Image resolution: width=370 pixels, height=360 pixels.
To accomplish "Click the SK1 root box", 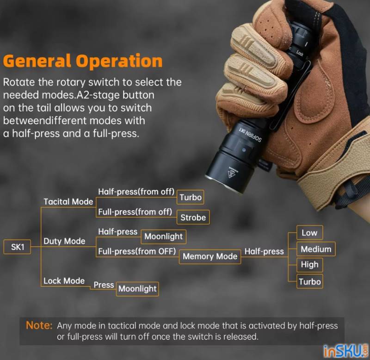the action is click(x=17, y=247).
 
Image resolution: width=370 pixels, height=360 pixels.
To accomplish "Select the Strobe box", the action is click(x=193, y=217).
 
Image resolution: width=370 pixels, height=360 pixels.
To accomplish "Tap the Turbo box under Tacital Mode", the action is click(x=191, y=197).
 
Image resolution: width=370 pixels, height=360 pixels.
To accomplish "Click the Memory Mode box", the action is click(x=210, y=256).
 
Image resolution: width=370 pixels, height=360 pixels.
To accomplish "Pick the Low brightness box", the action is click(x=309, y=233).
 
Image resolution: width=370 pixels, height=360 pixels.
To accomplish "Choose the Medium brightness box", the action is click(x=316, y=249).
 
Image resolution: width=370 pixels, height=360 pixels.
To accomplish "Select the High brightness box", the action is click(x=309, y=265).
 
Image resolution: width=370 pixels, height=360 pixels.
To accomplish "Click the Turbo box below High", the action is click(x=309, y=281).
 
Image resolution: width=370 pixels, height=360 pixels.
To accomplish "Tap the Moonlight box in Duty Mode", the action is click(x=163, y=236).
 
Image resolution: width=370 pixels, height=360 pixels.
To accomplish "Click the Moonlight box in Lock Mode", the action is click(x=137, y=289).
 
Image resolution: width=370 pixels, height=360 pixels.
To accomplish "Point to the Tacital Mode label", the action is click(x=68, y=202).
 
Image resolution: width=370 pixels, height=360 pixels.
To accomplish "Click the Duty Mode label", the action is click(x=64, y=241).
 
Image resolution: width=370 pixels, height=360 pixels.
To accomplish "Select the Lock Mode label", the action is click(x=64, y=281).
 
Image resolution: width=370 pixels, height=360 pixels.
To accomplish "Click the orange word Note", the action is click(x=39, y=325).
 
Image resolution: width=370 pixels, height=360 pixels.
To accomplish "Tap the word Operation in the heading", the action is click(x=119, y=61).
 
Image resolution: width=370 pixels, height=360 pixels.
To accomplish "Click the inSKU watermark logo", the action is click(x=345, y=351).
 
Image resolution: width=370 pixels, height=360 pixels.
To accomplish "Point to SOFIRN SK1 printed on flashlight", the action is click(x=250, y=134).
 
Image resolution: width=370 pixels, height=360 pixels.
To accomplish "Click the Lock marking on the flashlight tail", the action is click(x=299, y=53).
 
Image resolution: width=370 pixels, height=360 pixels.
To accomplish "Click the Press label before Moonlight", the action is click(x=104, y=285).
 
